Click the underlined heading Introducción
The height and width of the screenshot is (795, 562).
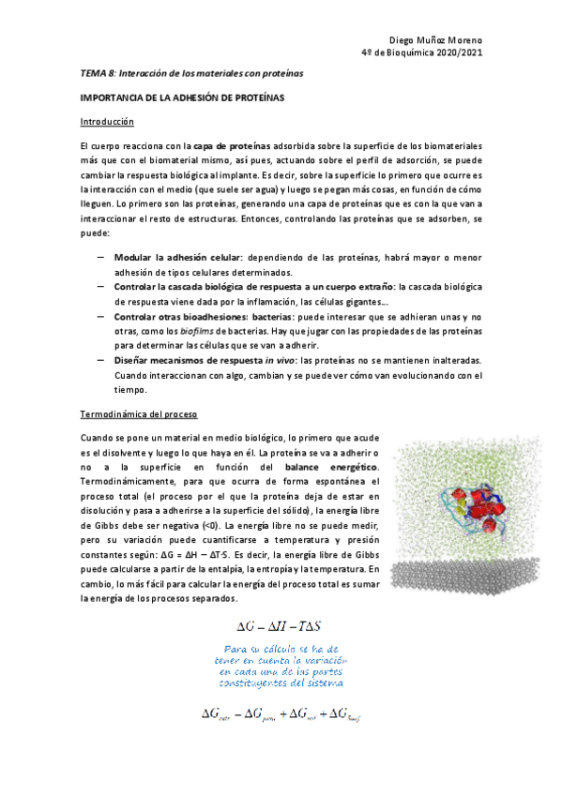(107, 122)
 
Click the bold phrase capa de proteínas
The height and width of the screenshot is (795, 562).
(232, 146)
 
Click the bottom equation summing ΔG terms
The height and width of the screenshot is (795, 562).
(281, 714)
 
